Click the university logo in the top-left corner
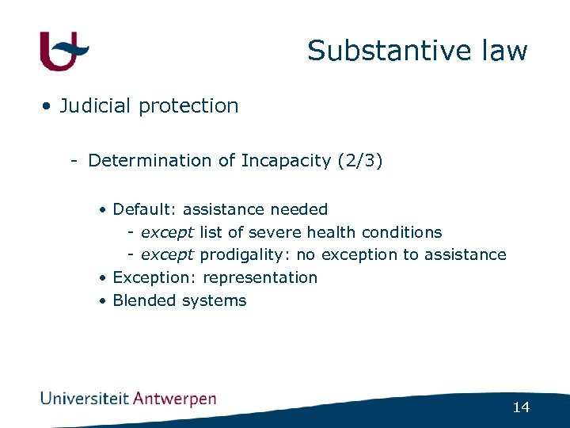(64, 51)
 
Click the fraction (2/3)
(360, 161)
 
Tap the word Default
(146, 210)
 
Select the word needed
(298, 210)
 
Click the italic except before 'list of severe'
(167, 233)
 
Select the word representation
(260, 278)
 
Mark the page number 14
(521, 407)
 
